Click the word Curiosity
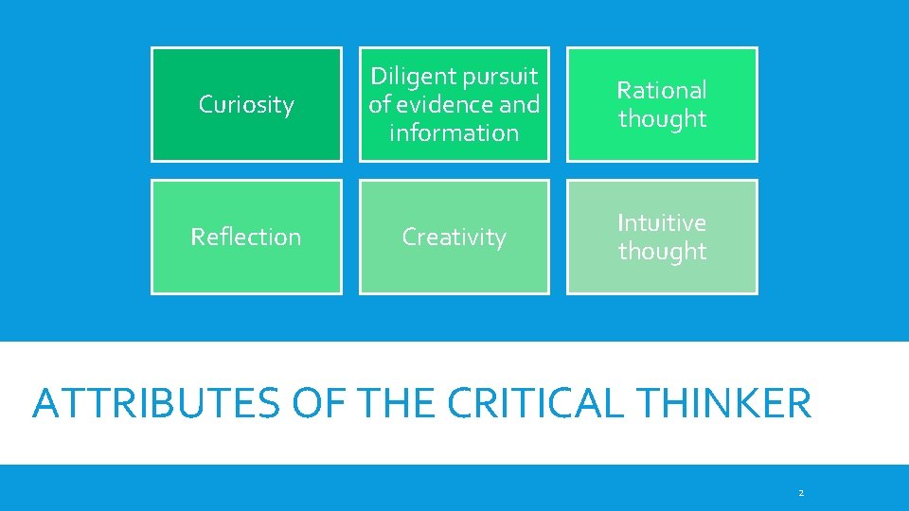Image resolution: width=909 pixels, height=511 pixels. [x=246, y=105]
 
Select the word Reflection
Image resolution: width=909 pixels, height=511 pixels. [x=246, y=237]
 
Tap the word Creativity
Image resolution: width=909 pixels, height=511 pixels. [x=454, y=237]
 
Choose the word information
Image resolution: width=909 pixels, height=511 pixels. [x=454, y=132]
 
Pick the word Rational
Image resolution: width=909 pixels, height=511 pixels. [x=662, y=90]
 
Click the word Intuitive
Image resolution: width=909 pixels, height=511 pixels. [x=662, y=222]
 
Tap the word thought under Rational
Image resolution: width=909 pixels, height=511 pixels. [x=662, y=119]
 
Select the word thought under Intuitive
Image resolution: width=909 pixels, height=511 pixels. [x=662, y=252]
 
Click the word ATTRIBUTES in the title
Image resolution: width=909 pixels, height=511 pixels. [x=156, y=403]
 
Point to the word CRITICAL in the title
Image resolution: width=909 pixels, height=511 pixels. [x=535, y=403]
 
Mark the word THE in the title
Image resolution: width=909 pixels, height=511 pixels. [x=395, y=403]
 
